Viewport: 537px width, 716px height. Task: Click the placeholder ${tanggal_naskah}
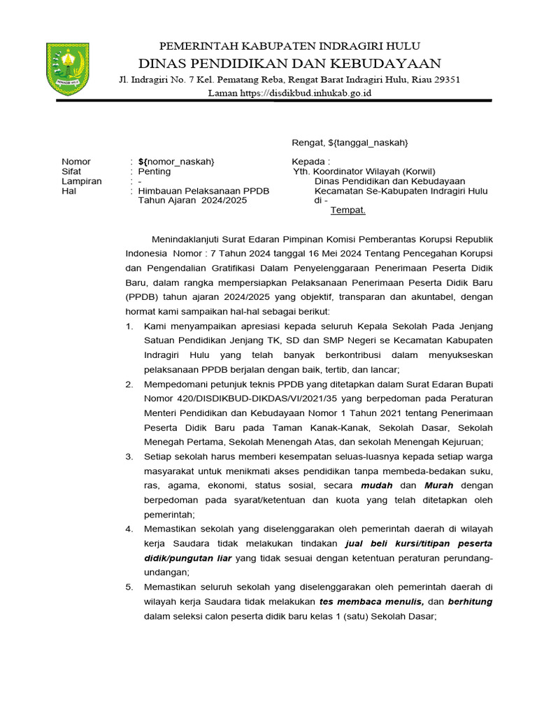[368, 143]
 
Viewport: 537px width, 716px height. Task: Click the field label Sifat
[71, 171]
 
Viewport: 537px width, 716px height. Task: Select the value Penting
[154, 171]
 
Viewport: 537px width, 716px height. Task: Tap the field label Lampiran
[81, 181]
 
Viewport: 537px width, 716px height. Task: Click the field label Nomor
[76, 162]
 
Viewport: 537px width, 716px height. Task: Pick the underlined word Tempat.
[348, 210]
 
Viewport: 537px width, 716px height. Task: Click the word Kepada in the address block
[308, 162]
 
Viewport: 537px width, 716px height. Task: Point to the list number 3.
[129, 457]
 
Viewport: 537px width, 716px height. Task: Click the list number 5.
[129, 586]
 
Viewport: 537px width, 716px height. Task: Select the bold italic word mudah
[376, 485]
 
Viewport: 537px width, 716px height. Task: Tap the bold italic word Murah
[438, 485]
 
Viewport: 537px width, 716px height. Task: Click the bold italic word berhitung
[471, 601]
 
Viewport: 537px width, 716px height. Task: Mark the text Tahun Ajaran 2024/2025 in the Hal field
[193, 200]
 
